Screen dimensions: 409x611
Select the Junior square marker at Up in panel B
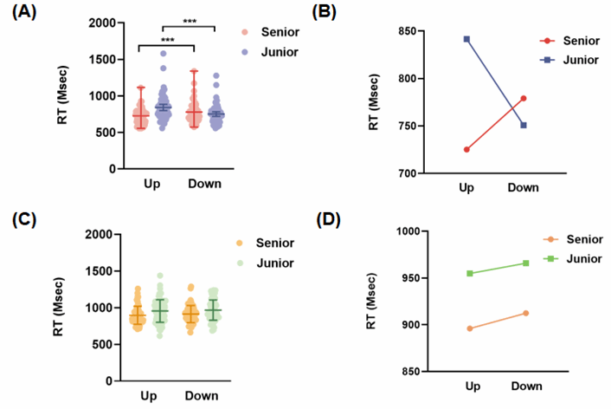point(466,39)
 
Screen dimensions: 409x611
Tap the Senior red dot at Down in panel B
point(524,98)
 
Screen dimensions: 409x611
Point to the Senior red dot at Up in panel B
point(466,149)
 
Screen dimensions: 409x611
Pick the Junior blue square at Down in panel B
point(524,125)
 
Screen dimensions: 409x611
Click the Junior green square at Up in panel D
point(470,273)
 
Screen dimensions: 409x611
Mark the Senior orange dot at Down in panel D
point(526,313)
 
